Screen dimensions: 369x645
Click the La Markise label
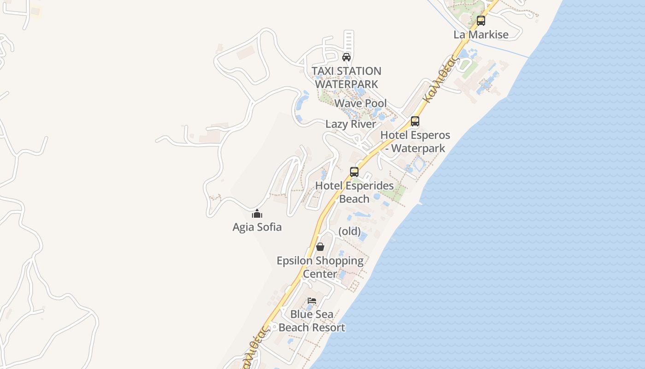481,35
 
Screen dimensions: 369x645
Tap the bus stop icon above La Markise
481,21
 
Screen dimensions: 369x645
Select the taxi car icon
346,57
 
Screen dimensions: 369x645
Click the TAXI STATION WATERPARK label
346,77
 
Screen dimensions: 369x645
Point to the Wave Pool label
360,103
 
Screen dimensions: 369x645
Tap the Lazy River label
351,124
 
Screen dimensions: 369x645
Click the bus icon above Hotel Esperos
415,121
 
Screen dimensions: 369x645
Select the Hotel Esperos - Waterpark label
415,142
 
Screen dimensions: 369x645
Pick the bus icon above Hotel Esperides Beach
354,172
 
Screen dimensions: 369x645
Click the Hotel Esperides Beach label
354,192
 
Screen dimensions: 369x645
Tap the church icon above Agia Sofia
257,214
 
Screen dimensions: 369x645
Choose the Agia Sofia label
257,227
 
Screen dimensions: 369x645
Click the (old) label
350,231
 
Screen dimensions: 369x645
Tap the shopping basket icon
320,247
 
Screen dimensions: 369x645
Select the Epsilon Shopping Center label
320,267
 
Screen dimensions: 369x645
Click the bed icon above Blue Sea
312,301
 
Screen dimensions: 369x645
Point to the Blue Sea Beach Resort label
312,321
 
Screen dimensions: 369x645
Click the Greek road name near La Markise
440,78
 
